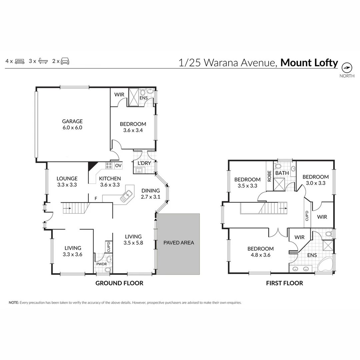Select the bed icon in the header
[20, 61]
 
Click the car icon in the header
[65, 61]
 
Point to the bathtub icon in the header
[43, 61]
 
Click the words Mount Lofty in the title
[309, 63]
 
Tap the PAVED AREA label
[178, 243]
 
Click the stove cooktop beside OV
[109, 166]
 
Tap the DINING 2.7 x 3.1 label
[151, 194]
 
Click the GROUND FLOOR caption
[119, 283]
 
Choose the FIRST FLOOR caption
[284, 283]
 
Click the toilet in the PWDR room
[108, 261]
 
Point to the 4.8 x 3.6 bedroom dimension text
[260, 255]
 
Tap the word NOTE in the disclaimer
[14, 303]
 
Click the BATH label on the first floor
[282, 173]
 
